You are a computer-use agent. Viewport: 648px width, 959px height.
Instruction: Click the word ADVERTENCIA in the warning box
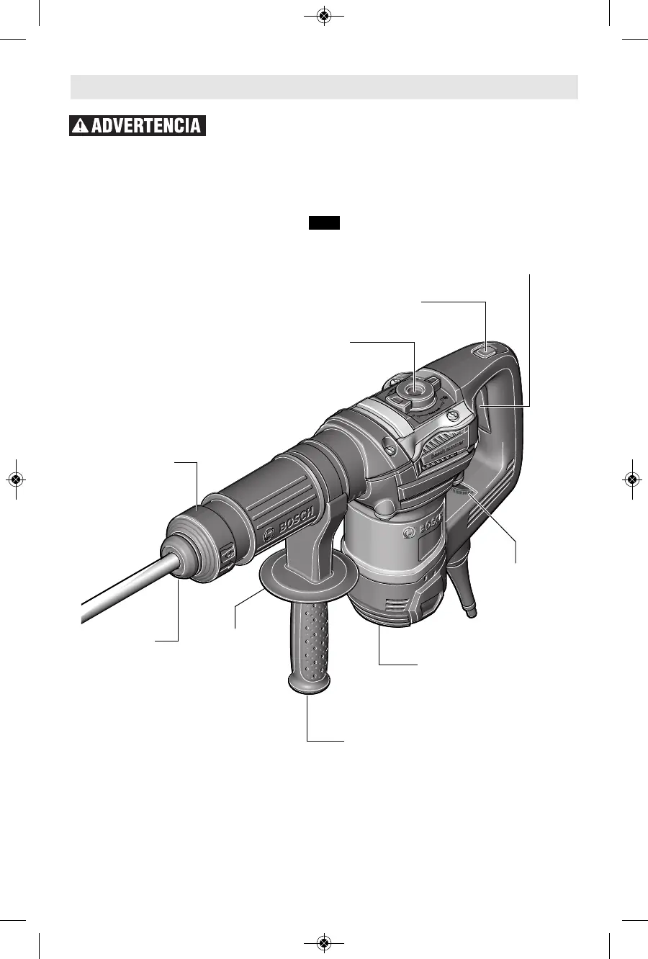point(146,126)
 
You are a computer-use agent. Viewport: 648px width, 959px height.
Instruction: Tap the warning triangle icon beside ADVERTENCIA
point(81,126)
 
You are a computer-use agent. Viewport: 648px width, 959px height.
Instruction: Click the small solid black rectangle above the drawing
point(325,222)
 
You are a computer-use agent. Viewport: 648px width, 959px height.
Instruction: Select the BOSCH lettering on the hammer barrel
point(296,521)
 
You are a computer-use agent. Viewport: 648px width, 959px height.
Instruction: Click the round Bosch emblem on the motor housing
point(409,533)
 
